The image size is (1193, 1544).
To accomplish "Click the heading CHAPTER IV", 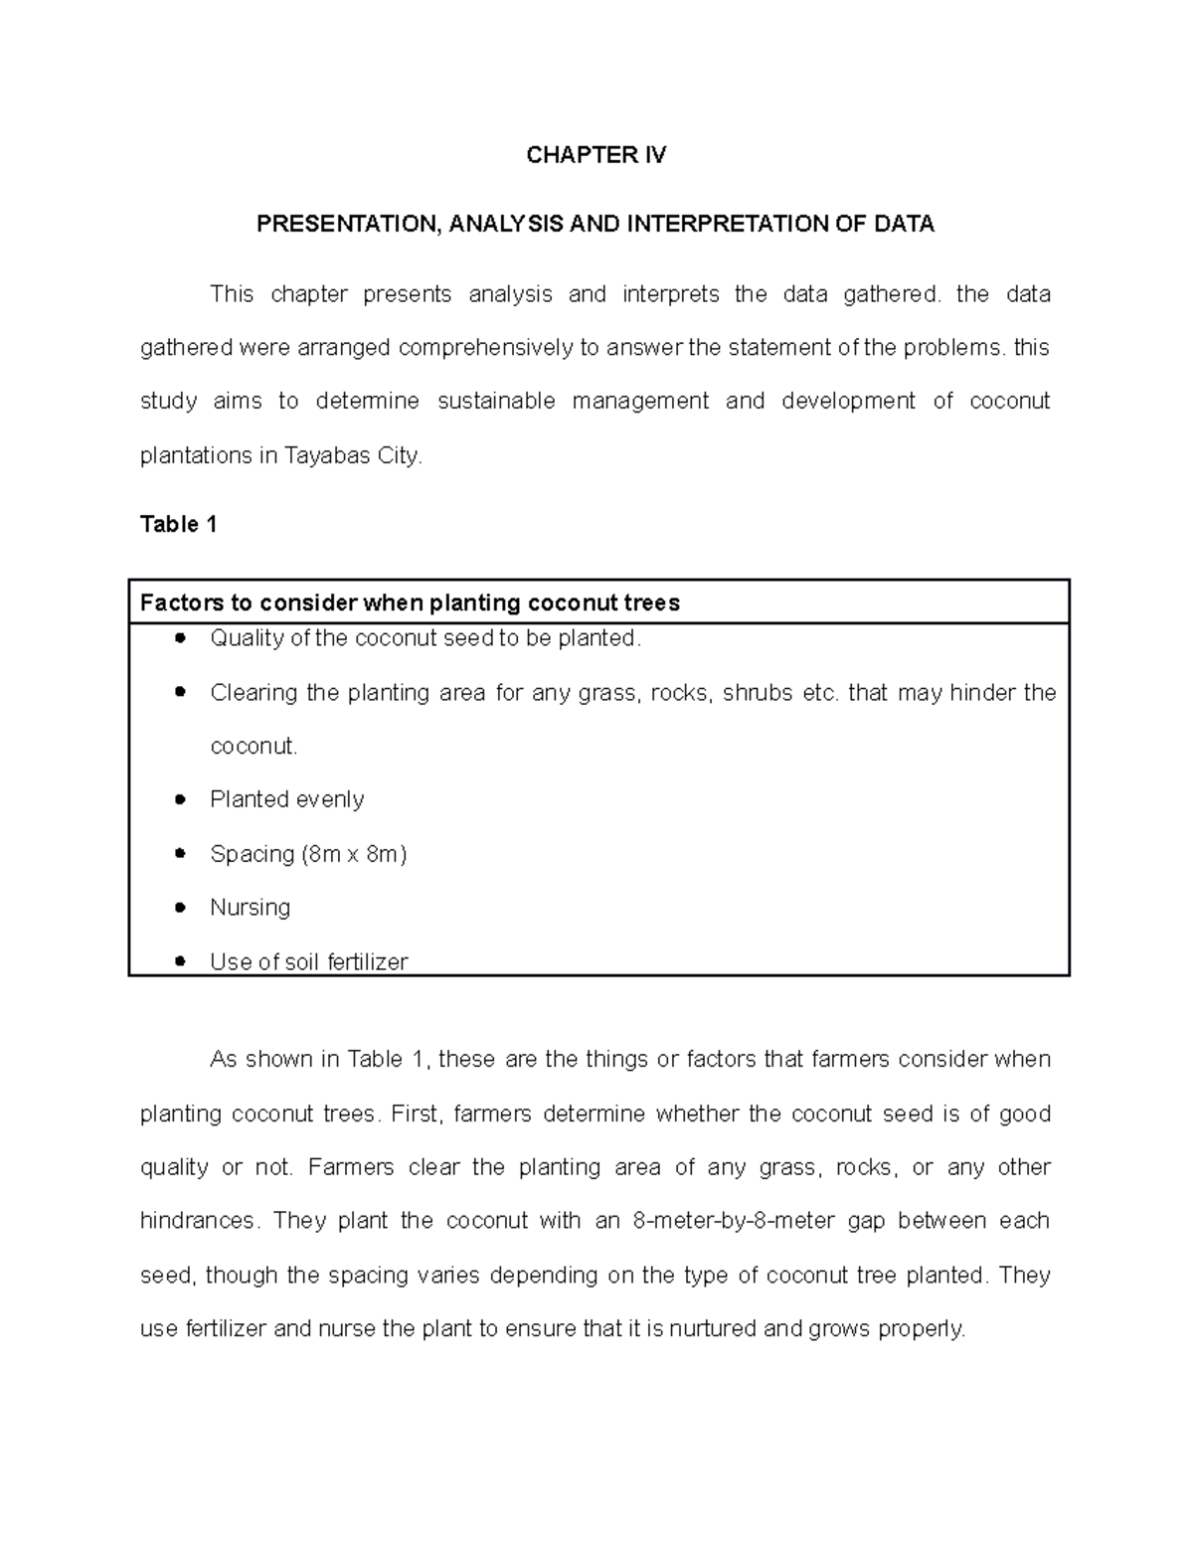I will pos(596,155).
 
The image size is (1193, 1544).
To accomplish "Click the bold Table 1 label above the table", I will pos(179,525).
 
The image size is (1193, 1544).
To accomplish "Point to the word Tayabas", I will pos(323,456).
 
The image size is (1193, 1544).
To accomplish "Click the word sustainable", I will pos(496,402).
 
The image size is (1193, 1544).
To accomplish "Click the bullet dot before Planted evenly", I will pos(180,799).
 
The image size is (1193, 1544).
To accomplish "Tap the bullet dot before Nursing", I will pos(180,907).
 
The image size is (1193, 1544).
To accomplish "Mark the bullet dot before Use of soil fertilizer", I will pos(180,961).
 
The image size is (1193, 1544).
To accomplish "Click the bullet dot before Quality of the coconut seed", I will pos(180,638).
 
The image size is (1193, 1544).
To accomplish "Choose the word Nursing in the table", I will pos(250,908).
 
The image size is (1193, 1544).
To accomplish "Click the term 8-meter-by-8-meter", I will pos(733,1221).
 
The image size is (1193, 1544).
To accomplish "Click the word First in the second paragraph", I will pos(415,1114).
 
